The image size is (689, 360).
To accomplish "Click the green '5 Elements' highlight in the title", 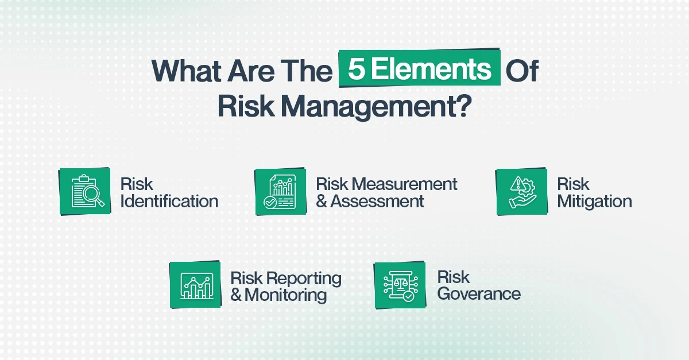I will (419, 69).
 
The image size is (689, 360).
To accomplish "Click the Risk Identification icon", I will (85, 192).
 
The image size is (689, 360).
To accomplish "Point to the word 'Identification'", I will (169, 202).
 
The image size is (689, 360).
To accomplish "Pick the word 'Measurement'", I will (404, 184).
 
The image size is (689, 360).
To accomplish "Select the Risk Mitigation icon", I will (521, 192).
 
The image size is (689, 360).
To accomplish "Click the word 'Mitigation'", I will (594, 202).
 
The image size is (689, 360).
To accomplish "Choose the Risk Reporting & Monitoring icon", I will (195, 285).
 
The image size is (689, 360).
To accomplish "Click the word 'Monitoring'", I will (286, 295).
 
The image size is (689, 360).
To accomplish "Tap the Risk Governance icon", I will (400, 285).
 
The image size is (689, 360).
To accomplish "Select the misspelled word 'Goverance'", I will (479, 294).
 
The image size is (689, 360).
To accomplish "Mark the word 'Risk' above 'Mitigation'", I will (573, 184).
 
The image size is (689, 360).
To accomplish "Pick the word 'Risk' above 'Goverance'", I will (454, 277).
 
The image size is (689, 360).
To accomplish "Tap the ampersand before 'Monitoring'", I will (236, 295).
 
